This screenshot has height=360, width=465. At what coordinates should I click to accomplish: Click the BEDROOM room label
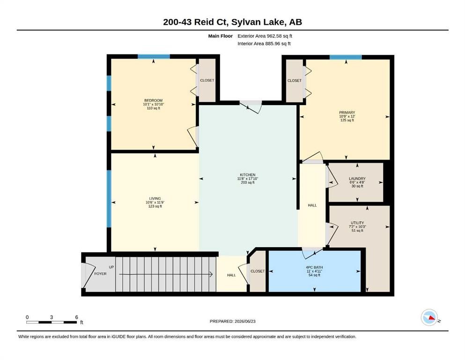(x=153, y=100)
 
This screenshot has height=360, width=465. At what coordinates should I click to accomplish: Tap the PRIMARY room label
(x=347, y=112)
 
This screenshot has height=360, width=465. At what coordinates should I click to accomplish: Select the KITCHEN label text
(x=248, y=175)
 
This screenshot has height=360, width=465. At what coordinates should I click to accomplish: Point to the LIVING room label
(x=155, y=199)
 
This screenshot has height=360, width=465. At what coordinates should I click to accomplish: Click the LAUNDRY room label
(x=357, y=179)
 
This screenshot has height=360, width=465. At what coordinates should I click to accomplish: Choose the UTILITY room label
(x=357, y=223)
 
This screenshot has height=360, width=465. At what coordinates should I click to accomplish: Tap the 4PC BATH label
(x=314, y=267)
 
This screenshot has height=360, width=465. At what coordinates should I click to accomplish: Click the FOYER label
(x=100, y=274)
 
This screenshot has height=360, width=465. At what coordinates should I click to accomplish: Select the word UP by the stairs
(x=111, y=267)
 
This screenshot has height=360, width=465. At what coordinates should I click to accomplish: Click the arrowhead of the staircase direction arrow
(x=212, y=275)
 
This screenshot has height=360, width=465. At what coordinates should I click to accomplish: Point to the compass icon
(x=429, y=317)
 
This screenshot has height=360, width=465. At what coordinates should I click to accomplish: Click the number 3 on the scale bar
(x=52, y=317)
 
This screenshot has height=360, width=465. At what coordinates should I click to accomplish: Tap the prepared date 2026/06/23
(x=245, y=321)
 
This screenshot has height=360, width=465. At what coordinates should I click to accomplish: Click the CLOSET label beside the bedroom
(x=207, y=81)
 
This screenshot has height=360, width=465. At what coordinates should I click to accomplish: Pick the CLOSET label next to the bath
(x=258, y=271)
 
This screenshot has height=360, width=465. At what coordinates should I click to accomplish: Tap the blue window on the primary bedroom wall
(x=346, y=57)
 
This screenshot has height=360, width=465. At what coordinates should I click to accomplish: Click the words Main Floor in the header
(x=221, y=36)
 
